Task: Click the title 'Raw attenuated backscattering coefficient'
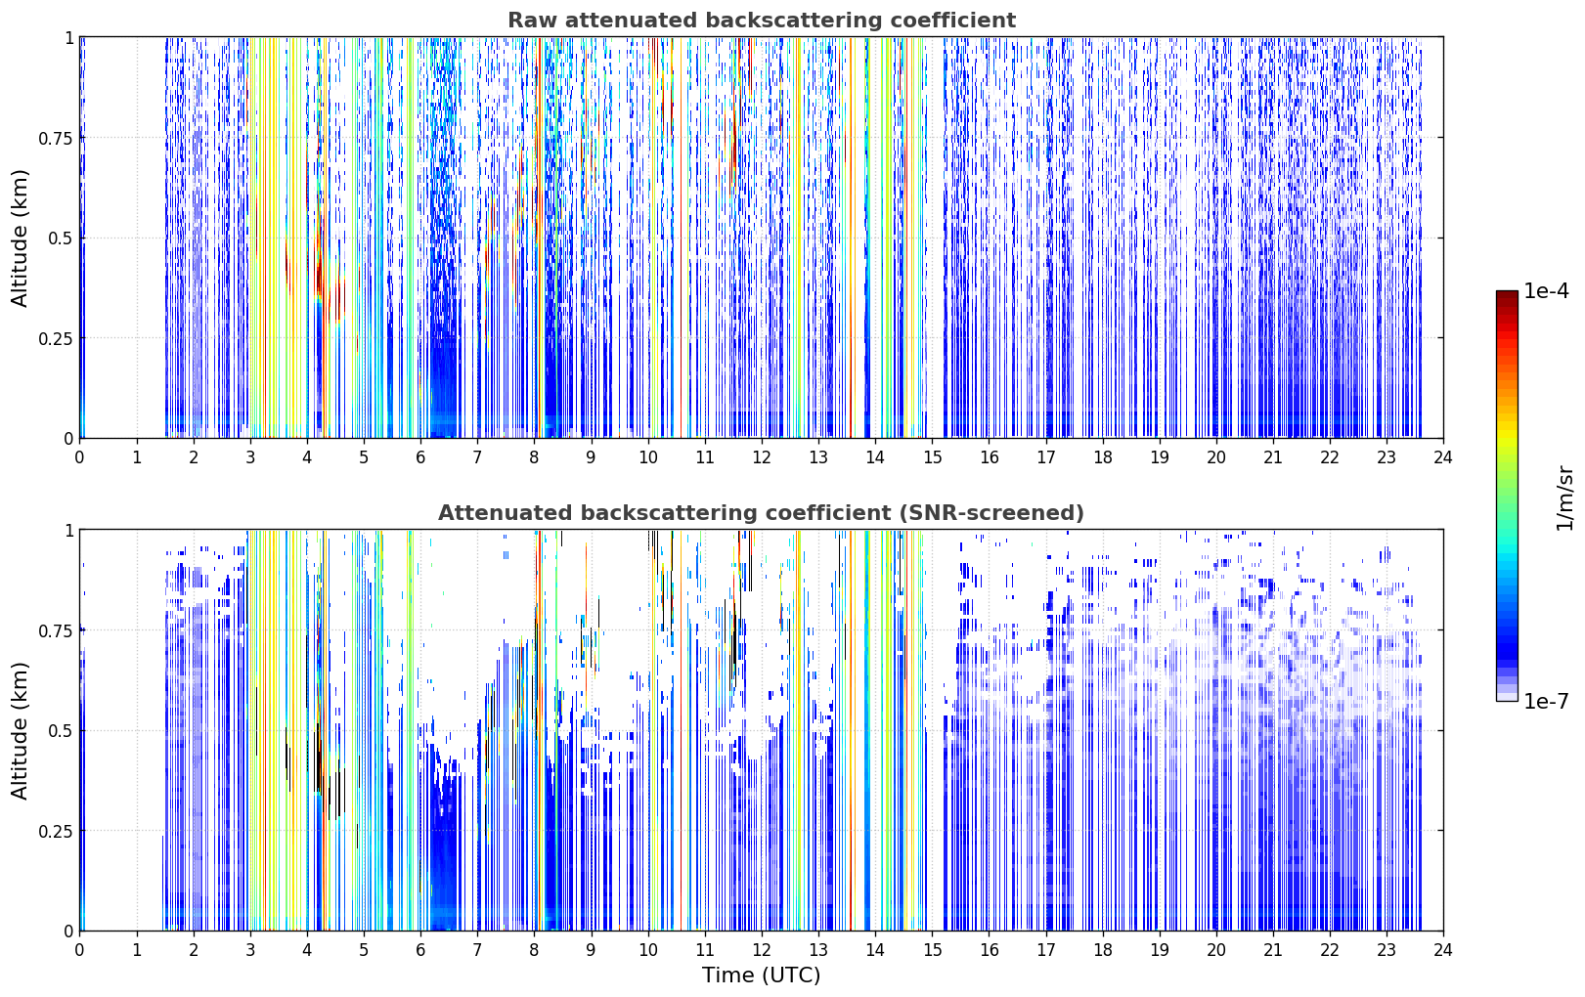tap(762, 20)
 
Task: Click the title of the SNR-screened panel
tap(762, 512)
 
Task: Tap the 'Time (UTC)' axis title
tap(762, 975)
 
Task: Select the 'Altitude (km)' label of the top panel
tap(20, 238)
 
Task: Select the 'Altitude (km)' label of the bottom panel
tap(20, 731)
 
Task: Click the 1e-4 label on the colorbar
tap(1546, 290)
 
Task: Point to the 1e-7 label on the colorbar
tap(1546, 702)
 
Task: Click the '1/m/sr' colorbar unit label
tap(1564, 498)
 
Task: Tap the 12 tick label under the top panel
tap(762, 457)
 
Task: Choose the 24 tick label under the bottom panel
tap(1443, 950)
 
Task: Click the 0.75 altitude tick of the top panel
tap(56, 138)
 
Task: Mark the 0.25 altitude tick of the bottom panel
tap(56, 831)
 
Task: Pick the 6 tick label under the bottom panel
tap(420, 950)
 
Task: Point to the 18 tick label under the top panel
tap(1102, 457)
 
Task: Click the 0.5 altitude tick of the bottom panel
tap(61, 730)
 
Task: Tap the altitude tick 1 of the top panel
tap(69, 37)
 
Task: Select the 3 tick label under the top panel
tap(249, 457)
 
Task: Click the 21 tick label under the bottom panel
tap(1273, 950)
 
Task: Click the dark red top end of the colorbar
tap(1507, 293)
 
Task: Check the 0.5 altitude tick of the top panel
tap(61, 238)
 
